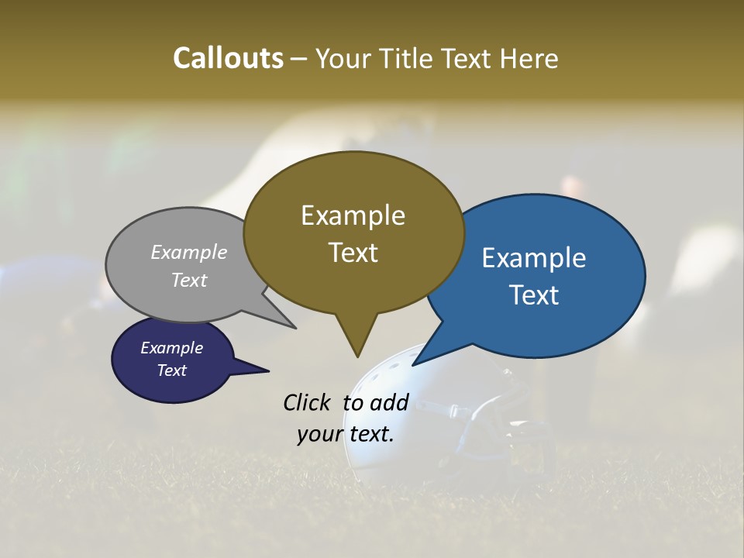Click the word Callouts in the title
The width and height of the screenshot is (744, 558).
[x=228, y=58]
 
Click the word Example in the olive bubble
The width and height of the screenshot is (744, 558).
[x=353, y=215]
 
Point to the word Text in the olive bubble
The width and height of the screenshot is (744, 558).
[x=353, y=253]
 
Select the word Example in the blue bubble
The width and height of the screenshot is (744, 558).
[x=534, y=258]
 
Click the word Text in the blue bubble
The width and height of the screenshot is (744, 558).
[x=534, y=295]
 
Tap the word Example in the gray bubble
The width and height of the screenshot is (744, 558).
[x=189, y=253]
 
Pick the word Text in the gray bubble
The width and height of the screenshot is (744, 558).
[x=189, y=280]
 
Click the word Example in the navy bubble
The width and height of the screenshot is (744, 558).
[x=171, y=348]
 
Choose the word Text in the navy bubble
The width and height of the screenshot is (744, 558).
[x=171, y=370]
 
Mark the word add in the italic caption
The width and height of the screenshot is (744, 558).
[x=389, y=403]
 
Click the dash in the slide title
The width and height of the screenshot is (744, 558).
[x=300, y=59]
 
